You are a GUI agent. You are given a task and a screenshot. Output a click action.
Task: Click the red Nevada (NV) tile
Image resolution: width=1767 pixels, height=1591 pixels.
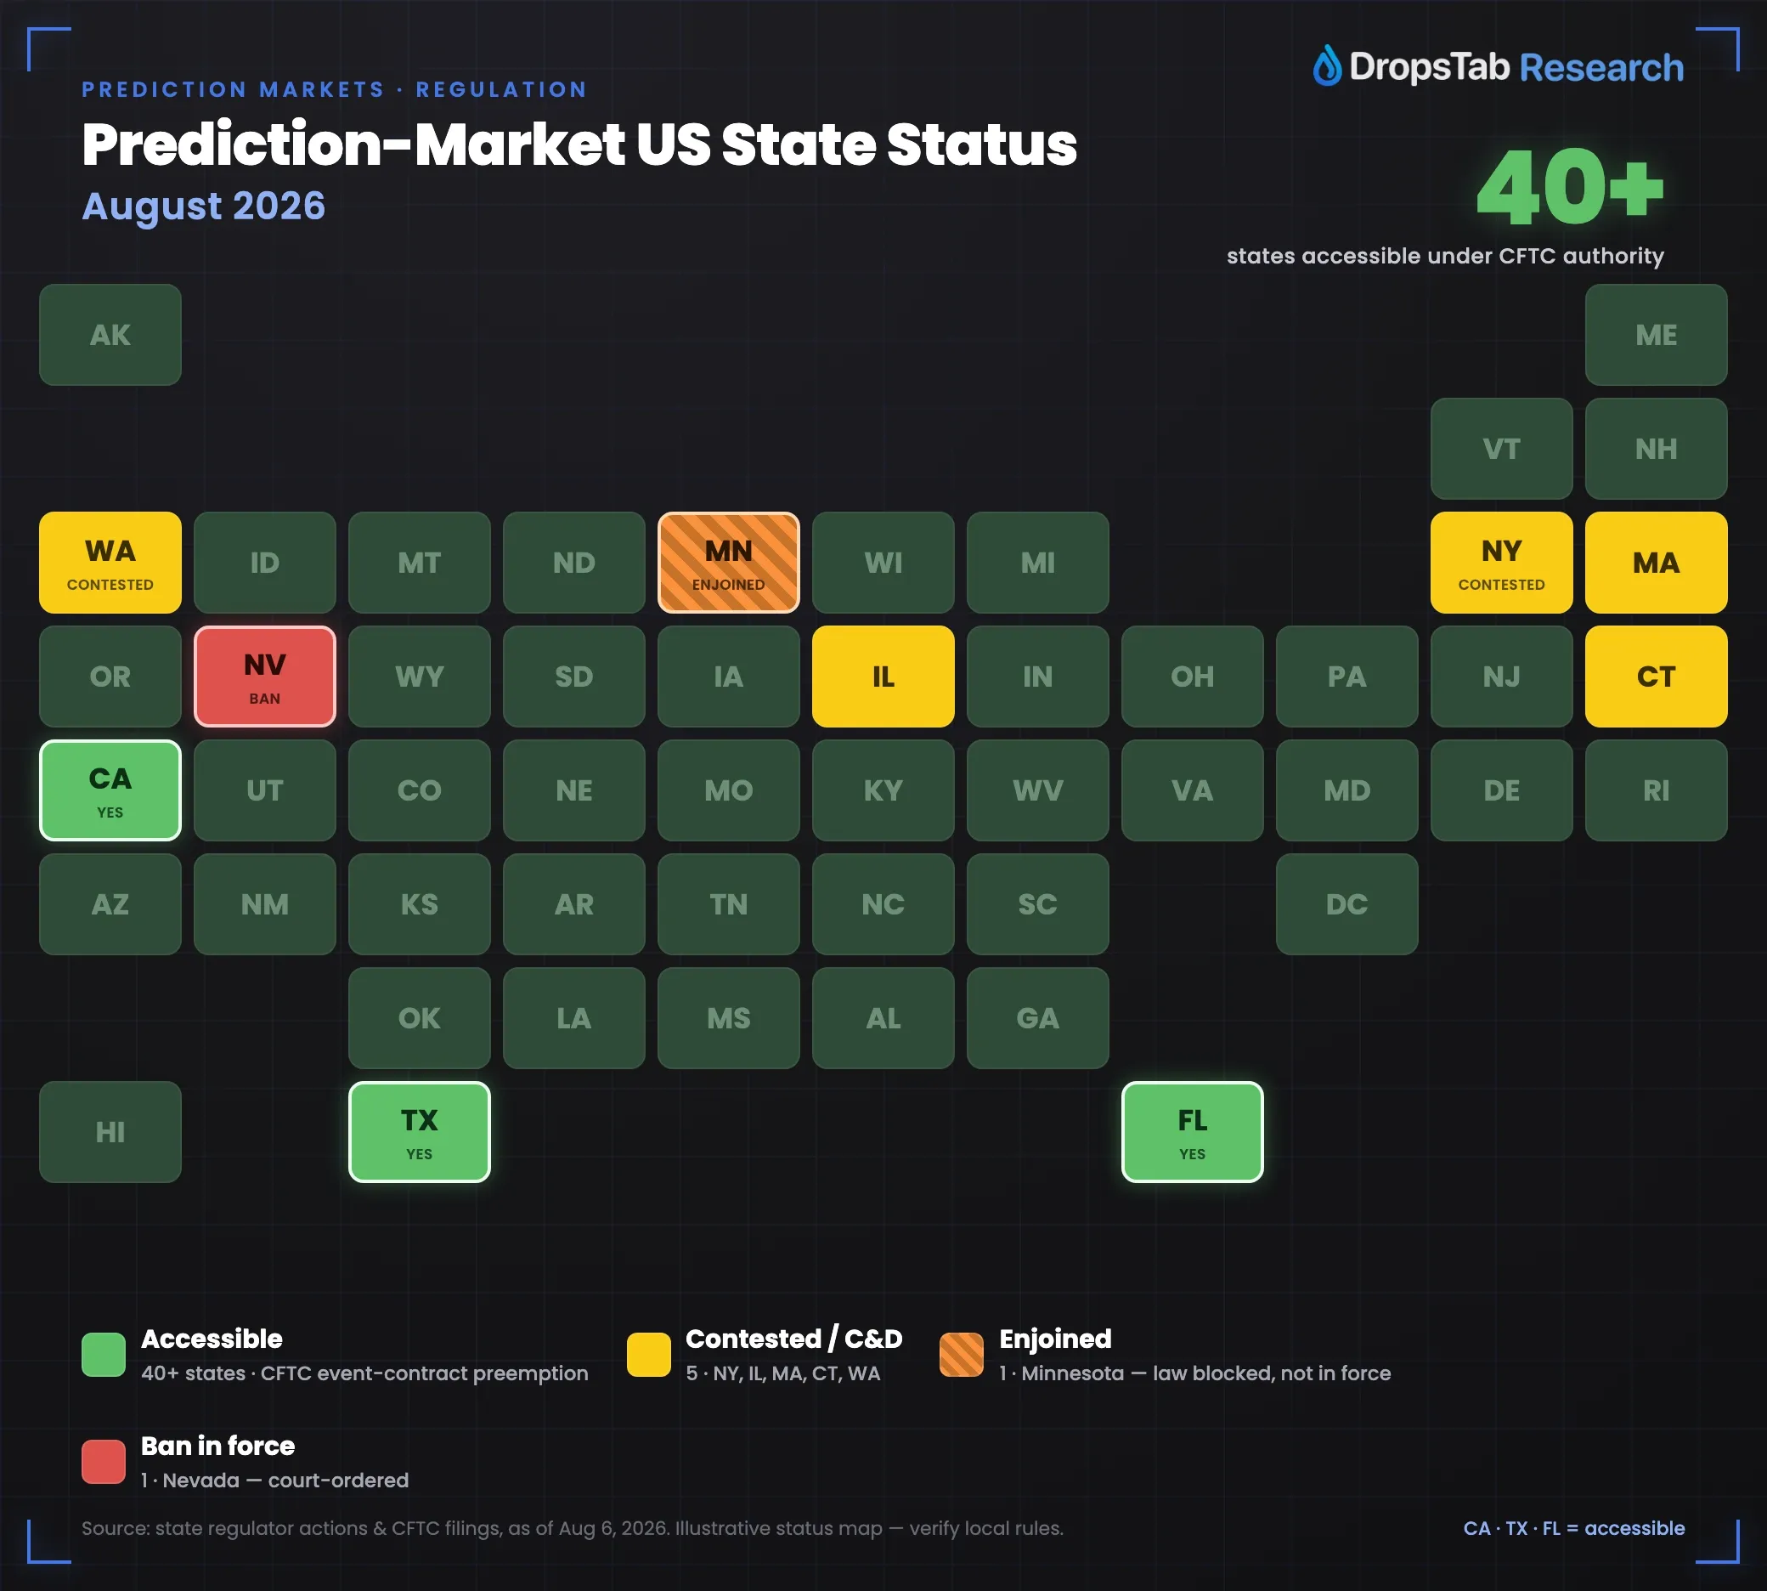pyautogui.click(x=265, y=676)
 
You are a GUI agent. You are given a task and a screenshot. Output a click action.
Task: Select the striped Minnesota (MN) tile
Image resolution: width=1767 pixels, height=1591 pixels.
pyautogui.click(x=728, y=562)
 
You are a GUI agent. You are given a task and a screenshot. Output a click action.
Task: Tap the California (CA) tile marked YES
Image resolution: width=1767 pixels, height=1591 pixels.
pyautogui.click(x=110, y=790)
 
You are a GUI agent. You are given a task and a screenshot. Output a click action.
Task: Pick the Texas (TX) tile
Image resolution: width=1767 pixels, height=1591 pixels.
pyautogui.click(x=420, y=1131)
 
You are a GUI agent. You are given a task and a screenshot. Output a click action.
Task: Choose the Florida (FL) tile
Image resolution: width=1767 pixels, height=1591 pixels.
pyautogui.click(x=1192, y=1131)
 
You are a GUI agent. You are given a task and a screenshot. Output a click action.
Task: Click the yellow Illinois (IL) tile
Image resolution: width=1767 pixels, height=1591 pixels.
pyautogui.click(x=883, y=676)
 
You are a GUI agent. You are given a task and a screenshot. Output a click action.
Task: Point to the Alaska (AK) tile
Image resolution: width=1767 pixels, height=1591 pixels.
pyautogui.click(x=110, y=335)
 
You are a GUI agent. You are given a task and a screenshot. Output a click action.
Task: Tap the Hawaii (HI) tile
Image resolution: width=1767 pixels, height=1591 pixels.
pyautogui.click(x=110, y=1131)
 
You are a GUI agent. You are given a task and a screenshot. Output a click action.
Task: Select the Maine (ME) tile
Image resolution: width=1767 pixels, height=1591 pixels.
pyautogui.click(x=1656, y=335)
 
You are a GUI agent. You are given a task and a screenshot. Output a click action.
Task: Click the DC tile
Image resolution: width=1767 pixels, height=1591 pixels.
pyautogui.click(x=1346, y=904)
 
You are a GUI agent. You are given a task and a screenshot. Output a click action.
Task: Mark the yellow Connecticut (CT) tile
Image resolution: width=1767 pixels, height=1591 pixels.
pyautogui.click(x=1656, y=676)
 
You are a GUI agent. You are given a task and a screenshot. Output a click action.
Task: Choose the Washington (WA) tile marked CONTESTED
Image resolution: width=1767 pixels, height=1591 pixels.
pyautogui.click(x=110, y=562)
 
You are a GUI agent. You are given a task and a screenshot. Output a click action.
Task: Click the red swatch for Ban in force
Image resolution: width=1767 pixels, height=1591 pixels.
pyautogui.click(x=103, y=1462)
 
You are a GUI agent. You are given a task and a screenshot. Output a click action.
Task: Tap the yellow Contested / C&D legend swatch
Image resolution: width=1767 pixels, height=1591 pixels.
pyautogui.click(x=648, y=1354)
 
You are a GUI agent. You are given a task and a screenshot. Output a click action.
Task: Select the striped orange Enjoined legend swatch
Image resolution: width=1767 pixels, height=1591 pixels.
pyautogui.click(x=962, y=1354)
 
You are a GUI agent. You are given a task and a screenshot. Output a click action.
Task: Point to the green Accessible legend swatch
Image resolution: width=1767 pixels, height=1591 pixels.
pyautogui.click(x=103, y=1354)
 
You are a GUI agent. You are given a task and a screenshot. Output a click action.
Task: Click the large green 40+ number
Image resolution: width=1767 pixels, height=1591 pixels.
pyautogui.click(x=1571, y=186)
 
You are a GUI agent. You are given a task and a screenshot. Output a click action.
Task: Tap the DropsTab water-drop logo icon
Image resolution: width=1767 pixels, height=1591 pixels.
pyautogui.click(x=1327, y=65)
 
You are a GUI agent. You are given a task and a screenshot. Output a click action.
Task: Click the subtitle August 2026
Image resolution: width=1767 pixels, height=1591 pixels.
pyautogui.click(x=204, y=207)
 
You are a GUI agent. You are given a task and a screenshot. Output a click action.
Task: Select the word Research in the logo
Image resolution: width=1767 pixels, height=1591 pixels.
pyautogui.click(x=1602, y=67)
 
